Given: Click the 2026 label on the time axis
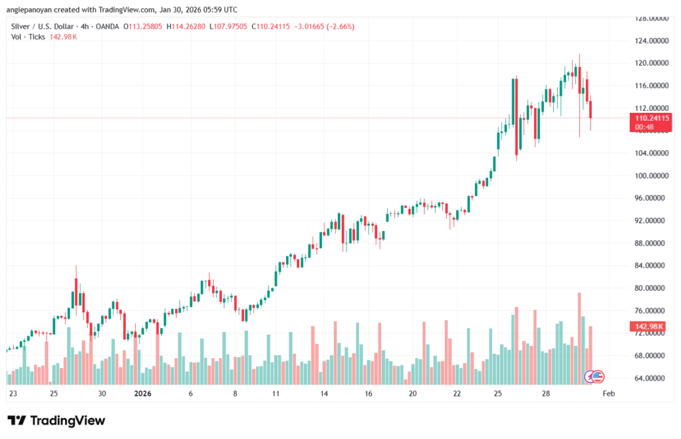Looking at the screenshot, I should pos(144,393).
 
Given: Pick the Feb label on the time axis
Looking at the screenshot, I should pos(608,393).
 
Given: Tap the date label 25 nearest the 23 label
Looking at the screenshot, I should pos(54,393).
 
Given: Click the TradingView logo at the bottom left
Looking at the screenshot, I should pos(57,420).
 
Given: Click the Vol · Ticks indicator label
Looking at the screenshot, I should pos(29,37).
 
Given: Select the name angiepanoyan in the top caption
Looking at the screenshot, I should pos(31,9).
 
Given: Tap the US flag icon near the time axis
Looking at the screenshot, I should pos(597,377).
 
